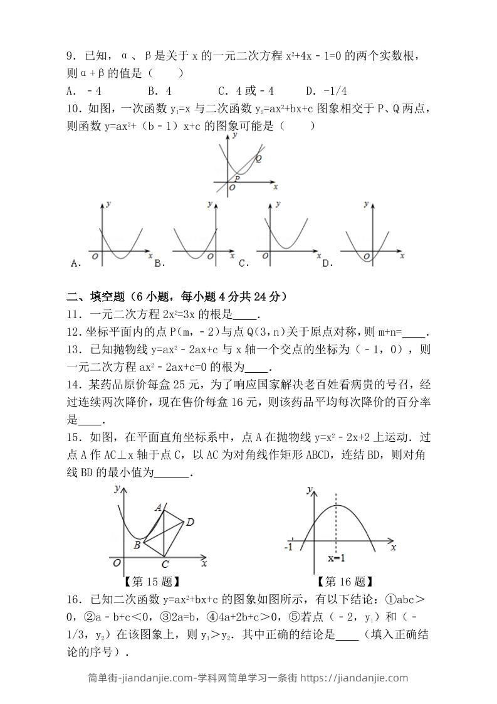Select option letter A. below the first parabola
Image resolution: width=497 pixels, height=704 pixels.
(x=76, y=264)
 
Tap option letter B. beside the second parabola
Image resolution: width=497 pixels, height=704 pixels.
(x=159, y=264)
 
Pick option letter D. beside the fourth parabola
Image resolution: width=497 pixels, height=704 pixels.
(x=327, y=264)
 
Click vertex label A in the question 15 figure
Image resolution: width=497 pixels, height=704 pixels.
(x=159, y=506)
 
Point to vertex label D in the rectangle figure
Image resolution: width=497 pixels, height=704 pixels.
(x=190, y=521)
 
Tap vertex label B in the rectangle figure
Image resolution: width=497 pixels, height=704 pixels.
(x=137, y=545)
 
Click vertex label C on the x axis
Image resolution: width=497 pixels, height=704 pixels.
(x=164, y=563)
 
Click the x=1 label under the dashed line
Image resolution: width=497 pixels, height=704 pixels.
(x=337, y=558)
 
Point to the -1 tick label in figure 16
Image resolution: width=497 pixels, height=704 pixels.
(x=288, y=547)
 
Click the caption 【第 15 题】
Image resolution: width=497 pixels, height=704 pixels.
(x=152, y=582)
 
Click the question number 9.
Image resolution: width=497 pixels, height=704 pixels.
(x=71, y=57)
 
